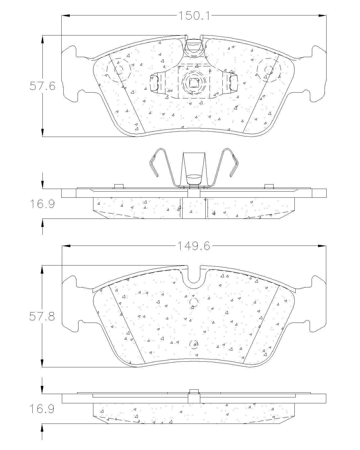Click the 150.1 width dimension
[x=194, y=15]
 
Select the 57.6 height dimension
[x=42, y=86]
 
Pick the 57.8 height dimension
[x=42, y=317]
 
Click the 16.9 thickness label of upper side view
[x=42, y=204]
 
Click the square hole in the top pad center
[x=194, y=83]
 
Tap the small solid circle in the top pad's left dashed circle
[x=119, y=70]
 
